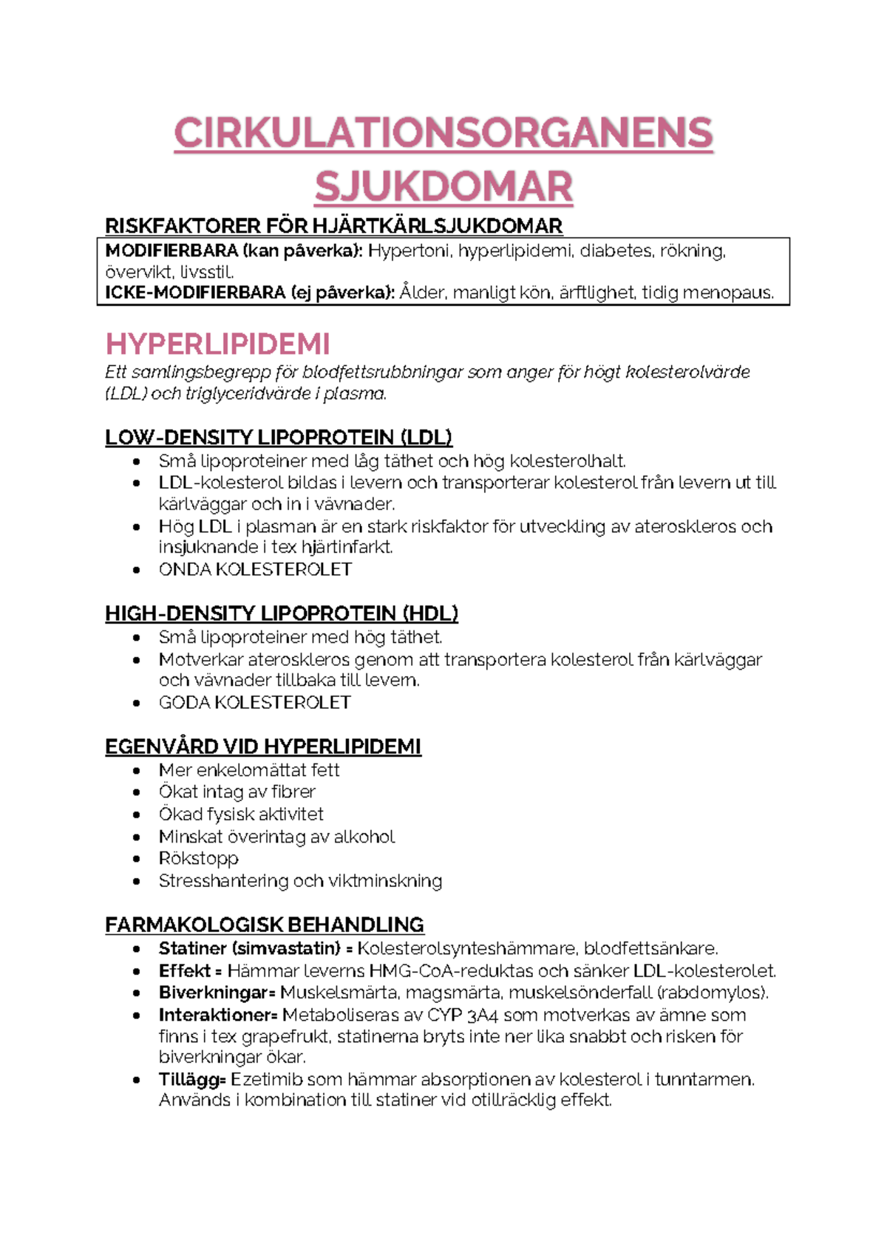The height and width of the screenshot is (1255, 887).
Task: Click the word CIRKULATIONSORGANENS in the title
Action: tap(443, 133)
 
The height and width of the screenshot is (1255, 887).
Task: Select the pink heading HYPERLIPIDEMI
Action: tap(217, 344)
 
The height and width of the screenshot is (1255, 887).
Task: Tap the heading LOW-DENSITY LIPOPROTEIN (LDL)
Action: tap(279, 438)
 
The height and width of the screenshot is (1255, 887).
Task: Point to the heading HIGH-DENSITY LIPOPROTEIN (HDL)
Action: tap(282, 613)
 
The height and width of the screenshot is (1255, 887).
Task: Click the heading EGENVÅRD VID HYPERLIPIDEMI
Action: tap(263, 746)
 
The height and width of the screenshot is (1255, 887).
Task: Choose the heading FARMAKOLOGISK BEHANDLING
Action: tap(265, 925)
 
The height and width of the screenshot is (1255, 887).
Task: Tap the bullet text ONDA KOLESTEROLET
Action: tap(255, 570)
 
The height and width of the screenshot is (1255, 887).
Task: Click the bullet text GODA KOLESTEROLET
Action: tap(254, 703)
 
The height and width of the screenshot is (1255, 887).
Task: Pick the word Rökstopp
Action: tap(198, 859)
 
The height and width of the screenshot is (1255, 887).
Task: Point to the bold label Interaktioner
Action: tap(217, 1015)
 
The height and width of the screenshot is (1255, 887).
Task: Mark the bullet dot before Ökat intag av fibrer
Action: tap(136, 792)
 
